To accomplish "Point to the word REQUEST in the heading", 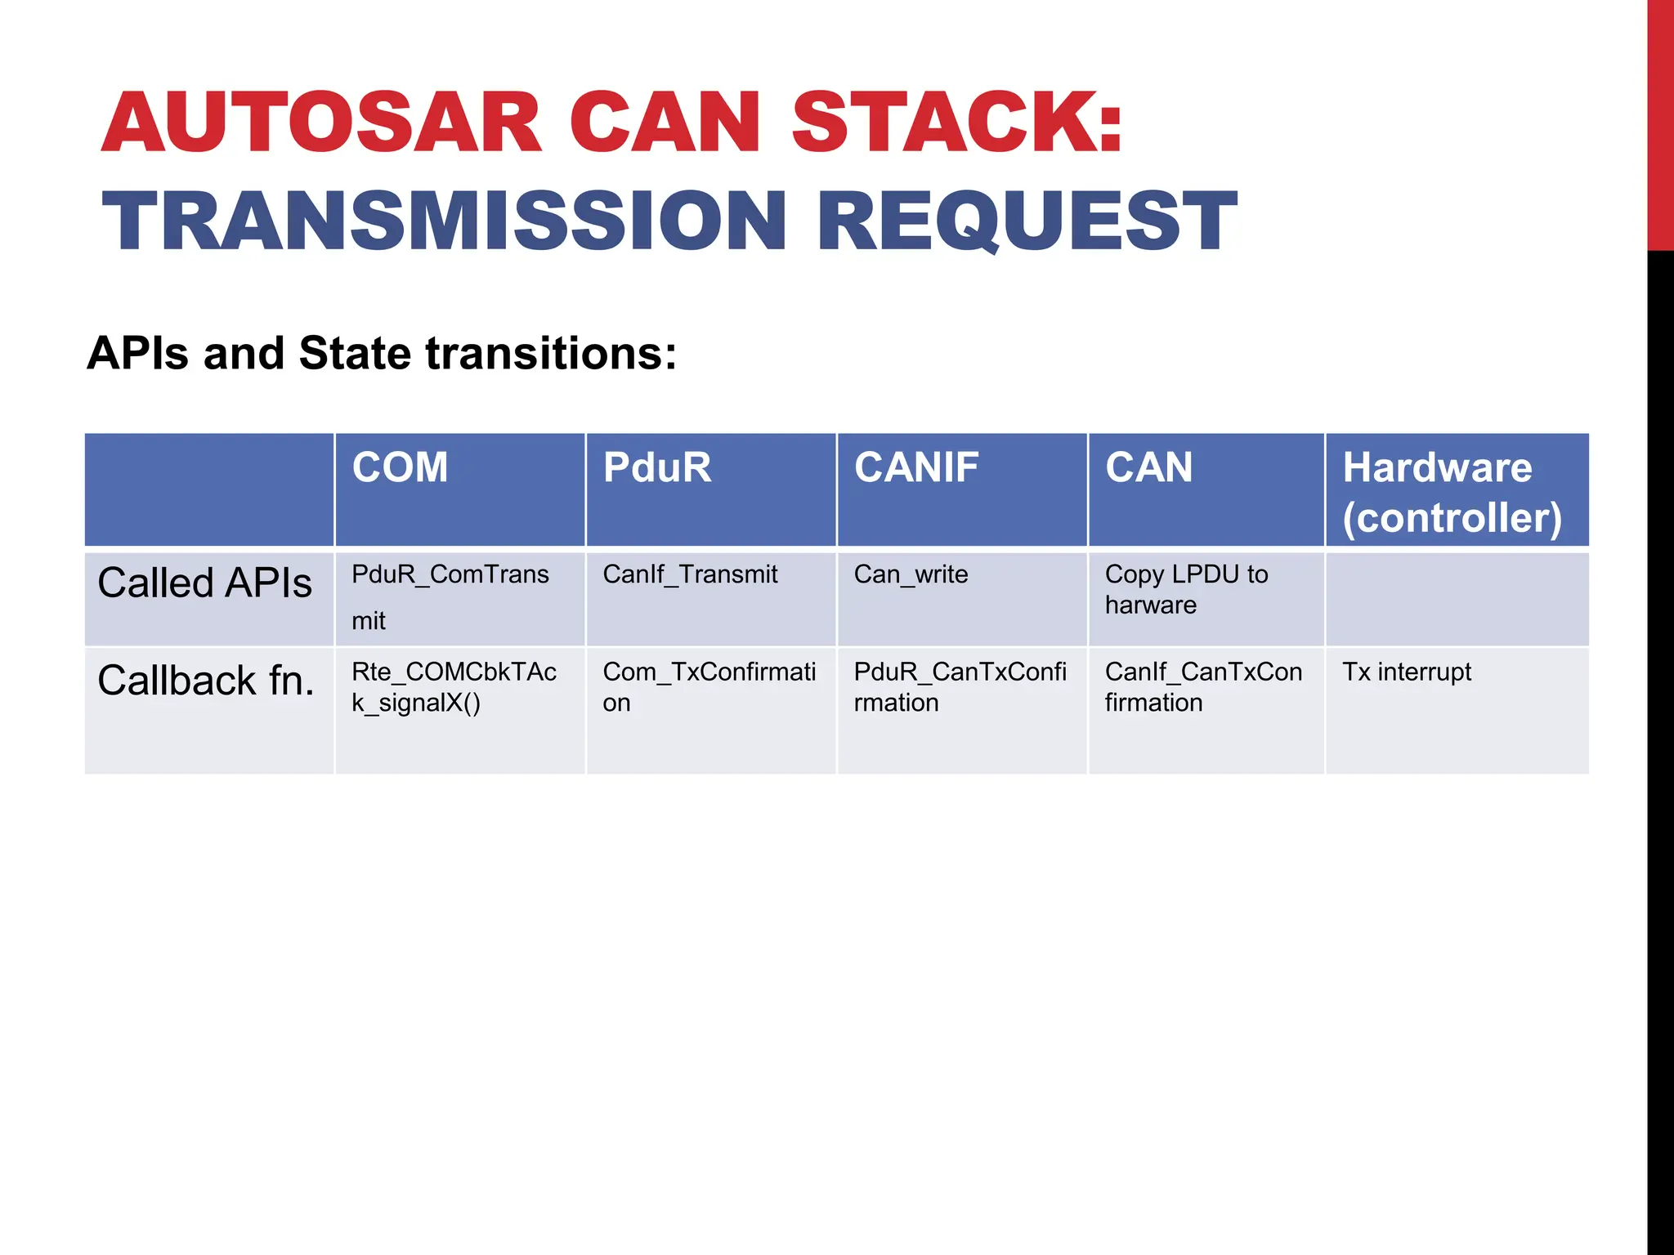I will pos(1027,221).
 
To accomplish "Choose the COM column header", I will pos(400,468).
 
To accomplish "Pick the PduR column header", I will pos(656,468).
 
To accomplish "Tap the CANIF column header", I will pos(915,468).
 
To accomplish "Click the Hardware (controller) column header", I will pos(1452,492).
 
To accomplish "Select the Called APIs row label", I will pos(204,583).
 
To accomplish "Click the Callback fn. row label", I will pos(206,681).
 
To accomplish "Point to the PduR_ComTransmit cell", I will pos(450,596).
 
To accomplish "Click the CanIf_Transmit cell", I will pos(690,574).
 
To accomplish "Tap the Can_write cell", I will pos(911,574).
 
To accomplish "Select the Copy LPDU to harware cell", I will pos(1185,589).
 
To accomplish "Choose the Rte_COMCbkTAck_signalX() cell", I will pos(454,687).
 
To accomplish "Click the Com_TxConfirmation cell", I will pos(709,687).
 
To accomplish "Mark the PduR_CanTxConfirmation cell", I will pos(960,687).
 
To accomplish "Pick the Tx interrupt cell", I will pos(1406,672).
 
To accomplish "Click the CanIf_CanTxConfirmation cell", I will pos(1202,687).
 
